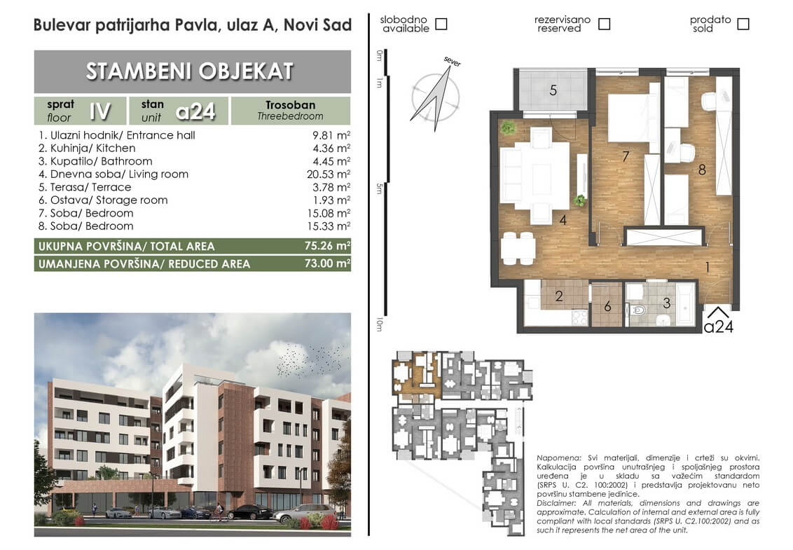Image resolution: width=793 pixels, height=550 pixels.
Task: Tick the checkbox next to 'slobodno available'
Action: click(441, 24)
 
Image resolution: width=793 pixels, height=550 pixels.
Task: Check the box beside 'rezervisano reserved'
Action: click(604, 24)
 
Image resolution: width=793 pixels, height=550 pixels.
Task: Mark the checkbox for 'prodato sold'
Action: click(743, 24)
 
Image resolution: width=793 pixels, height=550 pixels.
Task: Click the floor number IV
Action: click(99, 111)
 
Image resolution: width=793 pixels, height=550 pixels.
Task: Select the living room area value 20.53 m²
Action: click(329, 174)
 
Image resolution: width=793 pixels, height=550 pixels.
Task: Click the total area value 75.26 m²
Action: click(327, 246)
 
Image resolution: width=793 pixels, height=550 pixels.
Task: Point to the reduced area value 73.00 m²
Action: click(327, 263)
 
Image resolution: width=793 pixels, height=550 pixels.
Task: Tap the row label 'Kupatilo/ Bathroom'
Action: click(101, 161)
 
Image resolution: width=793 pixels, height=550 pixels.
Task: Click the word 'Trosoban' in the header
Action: click(290, 104)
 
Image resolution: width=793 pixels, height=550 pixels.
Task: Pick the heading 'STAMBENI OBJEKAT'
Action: click(190, 71)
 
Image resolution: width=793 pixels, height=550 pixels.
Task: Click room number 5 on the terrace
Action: click(553, 90)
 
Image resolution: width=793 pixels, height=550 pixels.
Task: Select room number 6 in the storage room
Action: click(607, 306)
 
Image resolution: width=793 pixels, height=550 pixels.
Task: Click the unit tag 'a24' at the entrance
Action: click(718, 327)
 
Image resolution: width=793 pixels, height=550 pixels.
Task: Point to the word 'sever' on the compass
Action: click(452, 61)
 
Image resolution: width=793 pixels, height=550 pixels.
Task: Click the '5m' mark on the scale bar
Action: click(379, 188)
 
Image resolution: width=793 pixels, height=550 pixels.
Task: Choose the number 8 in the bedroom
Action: click(701, 170)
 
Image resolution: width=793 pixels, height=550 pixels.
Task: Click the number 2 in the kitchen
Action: click(558, 296)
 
